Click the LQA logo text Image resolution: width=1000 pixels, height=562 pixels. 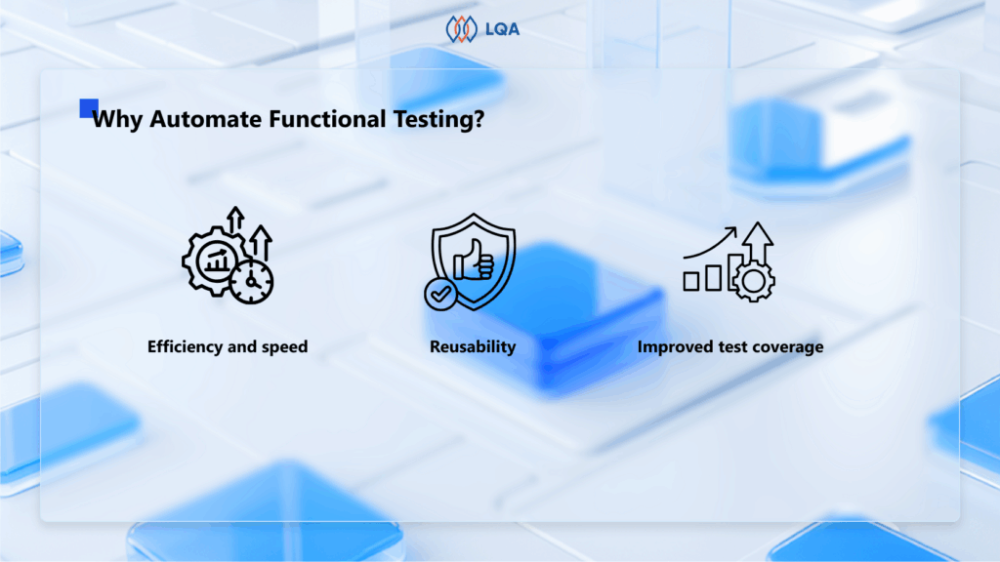tap(502, 29)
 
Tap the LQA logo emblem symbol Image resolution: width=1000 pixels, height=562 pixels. tap(461, 29)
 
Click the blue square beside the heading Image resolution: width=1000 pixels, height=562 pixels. tap(89, 107)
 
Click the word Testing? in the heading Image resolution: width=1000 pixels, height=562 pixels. tap(438, 120)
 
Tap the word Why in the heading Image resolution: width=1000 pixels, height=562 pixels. tap(118, 120)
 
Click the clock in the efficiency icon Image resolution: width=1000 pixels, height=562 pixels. tap(252, 281)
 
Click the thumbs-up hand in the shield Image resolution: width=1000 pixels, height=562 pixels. tap(474, 260)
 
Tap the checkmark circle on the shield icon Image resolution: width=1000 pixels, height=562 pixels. tap(440, 294)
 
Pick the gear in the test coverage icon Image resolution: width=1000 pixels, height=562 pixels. tap(754, 280)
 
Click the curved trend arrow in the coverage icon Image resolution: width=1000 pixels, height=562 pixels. tap(710, 243)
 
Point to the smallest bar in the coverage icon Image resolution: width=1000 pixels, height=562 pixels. tap(690, 281)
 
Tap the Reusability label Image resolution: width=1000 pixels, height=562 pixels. tap(473, 347)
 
